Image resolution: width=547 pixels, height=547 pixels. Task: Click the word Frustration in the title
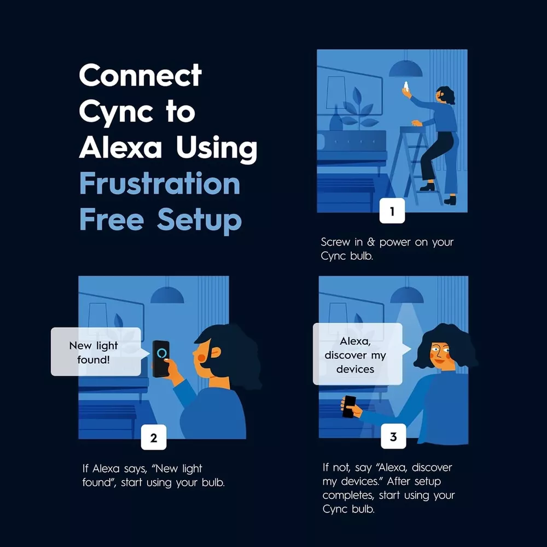pos(160,183)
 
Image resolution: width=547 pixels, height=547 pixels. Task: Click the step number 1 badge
pos(392,211)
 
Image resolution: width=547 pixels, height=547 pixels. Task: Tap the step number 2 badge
pos(154,437)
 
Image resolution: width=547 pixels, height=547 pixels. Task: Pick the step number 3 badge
pos(393,436)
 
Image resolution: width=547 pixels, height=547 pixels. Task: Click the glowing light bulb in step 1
pos(406,86)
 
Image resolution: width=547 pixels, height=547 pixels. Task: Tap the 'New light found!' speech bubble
pos(96,352)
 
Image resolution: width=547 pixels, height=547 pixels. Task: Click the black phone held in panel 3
pos(349,407)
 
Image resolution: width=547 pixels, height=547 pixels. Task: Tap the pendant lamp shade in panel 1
pos(406,69)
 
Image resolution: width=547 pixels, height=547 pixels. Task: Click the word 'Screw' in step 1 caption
pos(335,242)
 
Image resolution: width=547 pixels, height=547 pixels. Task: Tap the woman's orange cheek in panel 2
pos(202,358)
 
